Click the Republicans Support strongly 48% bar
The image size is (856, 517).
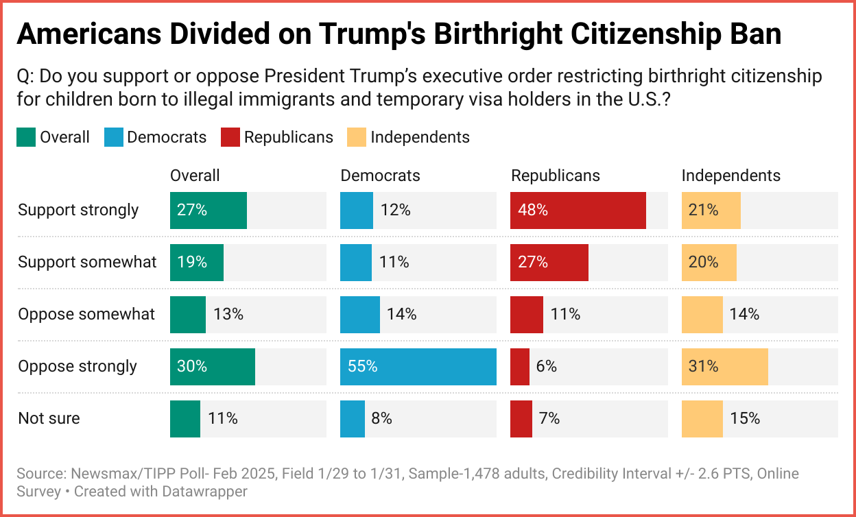578,211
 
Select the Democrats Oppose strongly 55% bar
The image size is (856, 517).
418,367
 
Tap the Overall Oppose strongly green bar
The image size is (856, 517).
213,367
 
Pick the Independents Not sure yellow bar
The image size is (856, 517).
702,419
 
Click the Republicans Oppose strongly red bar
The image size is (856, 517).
520,367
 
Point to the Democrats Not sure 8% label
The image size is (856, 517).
382,418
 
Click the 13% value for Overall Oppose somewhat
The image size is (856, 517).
228,315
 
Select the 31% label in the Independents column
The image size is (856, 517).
704,367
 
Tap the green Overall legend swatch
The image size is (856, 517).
25,138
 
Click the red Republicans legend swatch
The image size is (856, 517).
230,138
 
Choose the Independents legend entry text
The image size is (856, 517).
420,138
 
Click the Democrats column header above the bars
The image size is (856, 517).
380,176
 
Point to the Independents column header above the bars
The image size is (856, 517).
730,176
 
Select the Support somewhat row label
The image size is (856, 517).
87,263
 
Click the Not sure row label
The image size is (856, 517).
49,419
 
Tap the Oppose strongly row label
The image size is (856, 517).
78,367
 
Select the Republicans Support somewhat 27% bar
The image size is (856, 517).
549,263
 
